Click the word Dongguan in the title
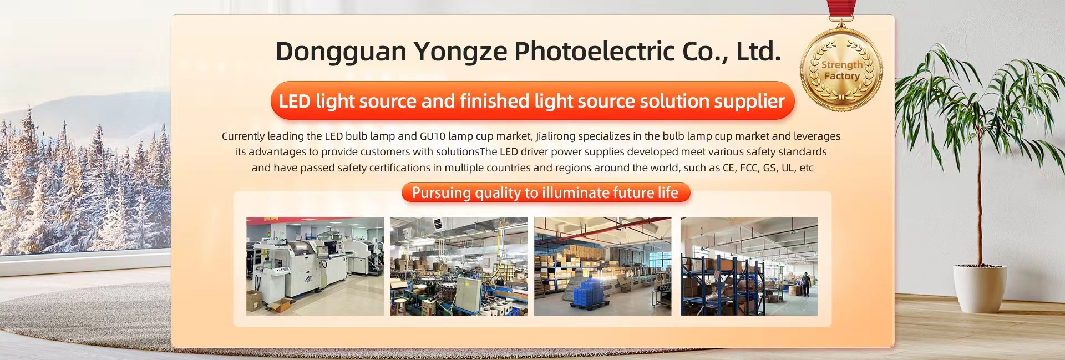pyautogui.click(x=341, y=52)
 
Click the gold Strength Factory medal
pyautogui.click(x=841, y=69)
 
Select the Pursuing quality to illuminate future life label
pyautogui.click(x=545, y=192)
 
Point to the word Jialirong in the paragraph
pyautogui.click(x=555, y=136)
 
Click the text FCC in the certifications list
pyautogui.click(x=749, y=168)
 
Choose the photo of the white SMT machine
pyautogui.click(x=315, y=266)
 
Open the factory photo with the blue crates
pyautogui.click(x=602, y=266)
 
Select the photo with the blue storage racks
pyautogui.click(x=749, y=266)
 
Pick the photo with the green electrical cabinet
pyautogui.click(x=459, y=266)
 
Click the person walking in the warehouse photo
pyautogui.click(x=806, y=284)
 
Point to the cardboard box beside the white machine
pyautogui.click(x=253, y=301)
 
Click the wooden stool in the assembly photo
pyautogui.click(x=400, y=306)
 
